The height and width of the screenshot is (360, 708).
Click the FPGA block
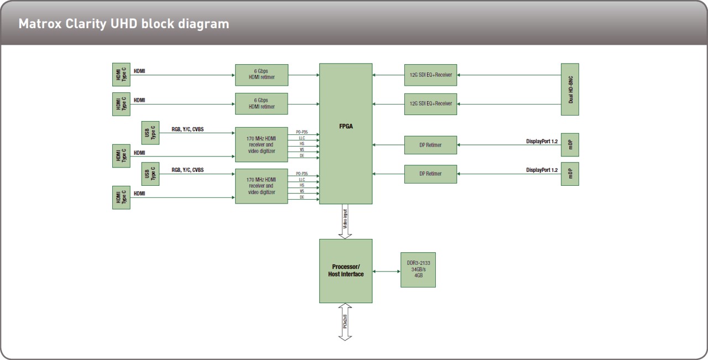click(346, 133)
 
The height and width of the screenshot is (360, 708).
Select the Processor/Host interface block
click(346, 270)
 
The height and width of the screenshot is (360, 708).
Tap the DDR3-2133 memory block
click(418, 269)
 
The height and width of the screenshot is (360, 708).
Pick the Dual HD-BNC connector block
click(570, 89)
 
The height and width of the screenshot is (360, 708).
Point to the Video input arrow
click(346, 222)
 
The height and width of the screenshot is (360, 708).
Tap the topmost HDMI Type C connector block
click(121, 75)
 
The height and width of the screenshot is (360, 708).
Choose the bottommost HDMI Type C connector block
click(121, 197)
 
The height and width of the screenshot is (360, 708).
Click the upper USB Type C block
click(150, 133)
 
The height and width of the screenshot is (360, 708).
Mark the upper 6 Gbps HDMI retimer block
click(262, 75)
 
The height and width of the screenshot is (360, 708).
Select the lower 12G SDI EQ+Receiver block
click(430, 103)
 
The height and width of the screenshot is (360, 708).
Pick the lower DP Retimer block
click(430, 174)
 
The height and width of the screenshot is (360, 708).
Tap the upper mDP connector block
click(570, 145)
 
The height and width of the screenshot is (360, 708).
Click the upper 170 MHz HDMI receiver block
click(262, 145)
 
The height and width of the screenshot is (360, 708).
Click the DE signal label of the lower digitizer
click(302, 197)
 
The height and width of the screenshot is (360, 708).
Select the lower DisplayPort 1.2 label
click(542, 170)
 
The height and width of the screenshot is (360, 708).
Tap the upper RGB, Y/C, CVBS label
click(188, 129)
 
